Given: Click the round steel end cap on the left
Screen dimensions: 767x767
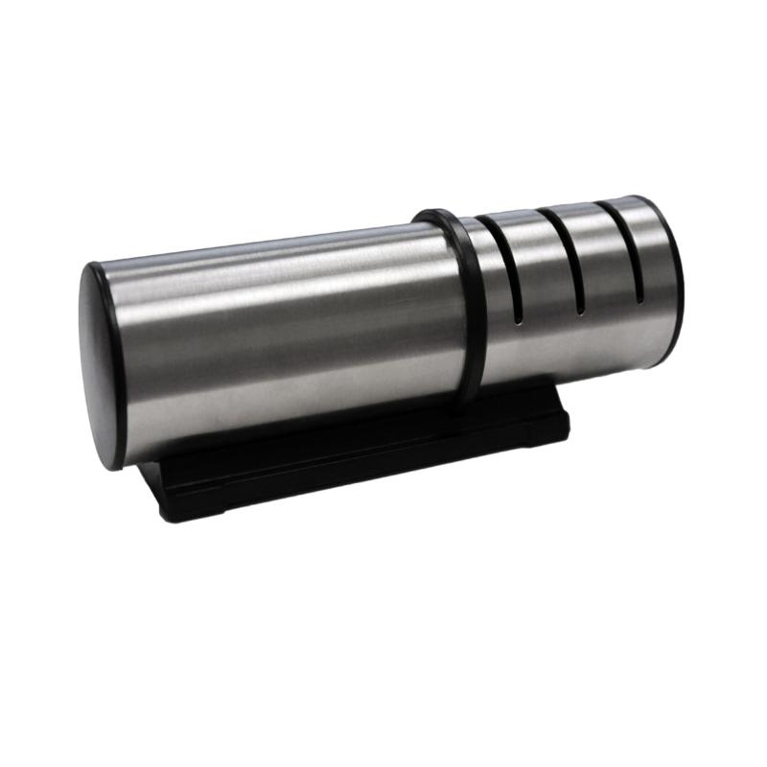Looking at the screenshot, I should tap(103, 364).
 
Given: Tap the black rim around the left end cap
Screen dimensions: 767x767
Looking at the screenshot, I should tap(87, 288).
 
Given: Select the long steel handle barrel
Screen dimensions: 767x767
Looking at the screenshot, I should tap(278, 326).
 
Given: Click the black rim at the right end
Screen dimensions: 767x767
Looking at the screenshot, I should tap(678, 278).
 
